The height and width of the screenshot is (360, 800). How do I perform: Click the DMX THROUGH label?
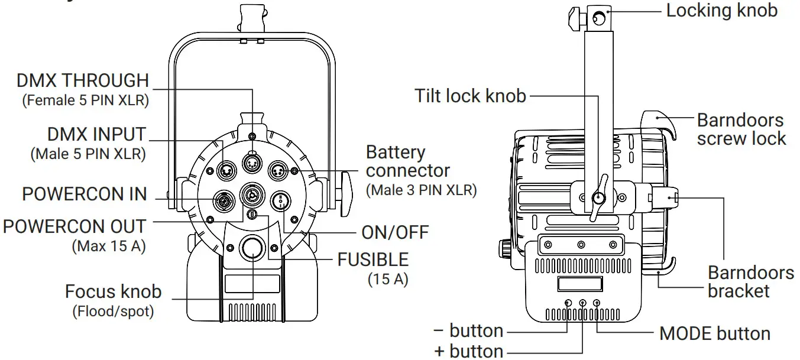(83, 80)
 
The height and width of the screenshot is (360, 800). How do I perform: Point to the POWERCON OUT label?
(75, 226)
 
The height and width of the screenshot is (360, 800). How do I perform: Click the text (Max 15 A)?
(109, 246)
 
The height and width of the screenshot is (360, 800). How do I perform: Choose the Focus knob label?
(113, 291)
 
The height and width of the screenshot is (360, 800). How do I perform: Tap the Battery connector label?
(407, 161)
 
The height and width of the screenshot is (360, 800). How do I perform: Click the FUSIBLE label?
(373, 260)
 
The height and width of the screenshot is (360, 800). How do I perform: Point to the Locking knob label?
(722, 11)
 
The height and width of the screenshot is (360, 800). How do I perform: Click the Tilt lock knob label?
(470, 96)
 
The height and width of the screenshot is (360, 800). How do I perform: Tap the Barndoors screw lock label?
(741, 129)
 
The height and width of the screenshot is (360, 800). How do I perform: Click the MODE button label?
(715, 333)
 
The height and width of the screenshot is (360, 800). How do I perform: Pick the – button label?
(469, 330)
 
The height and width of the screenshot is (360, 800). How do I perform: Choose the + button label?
(469, 351)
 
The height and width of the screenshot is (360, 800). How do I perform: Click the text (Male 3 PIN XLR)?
(421, 190)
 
